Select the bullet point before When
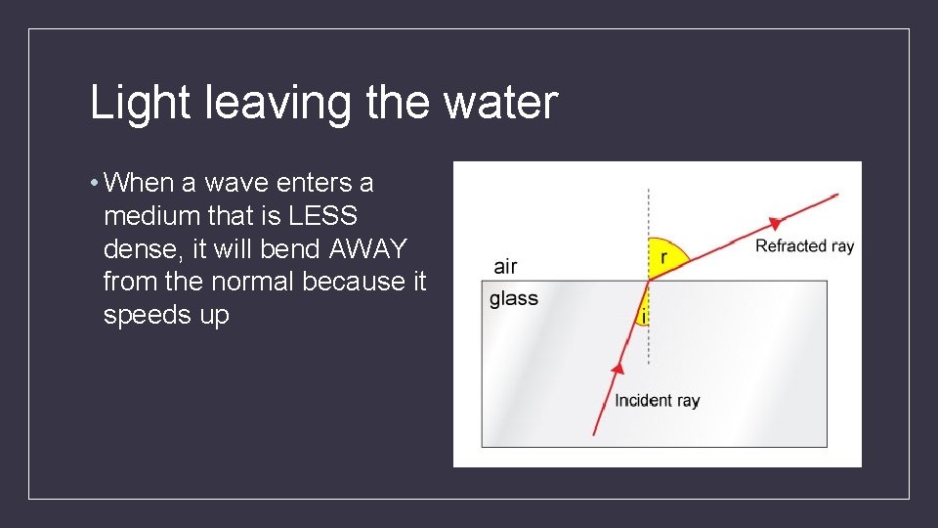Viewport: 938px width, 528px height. [x=92, y=183]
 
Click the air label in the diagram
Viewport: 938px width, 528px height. [x=505, y=266]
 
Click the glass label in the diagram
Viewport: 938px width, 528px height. [x=514, y=298]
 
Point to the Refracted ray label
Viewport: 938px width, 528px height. [x=804, y=245]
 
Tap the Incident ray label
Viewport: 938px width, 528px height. [x=657, y=400]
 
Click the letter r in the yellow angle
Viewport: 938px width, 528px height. [x=663, y=257]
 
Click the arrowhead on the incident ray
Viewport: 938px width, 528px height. [x=617, y=369]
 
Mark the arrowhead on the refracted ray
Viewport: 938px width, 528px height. [x=775, y=221]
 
